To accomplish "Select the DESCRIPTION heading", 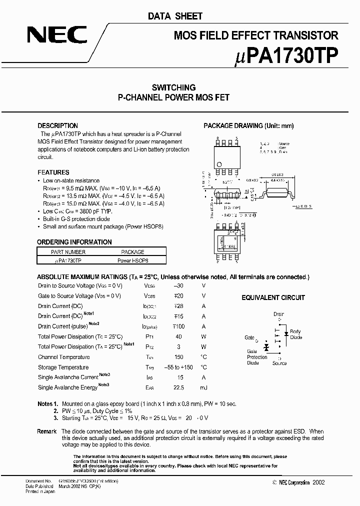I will click(58, 125).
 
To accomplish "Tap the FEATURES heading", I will click(53, 172).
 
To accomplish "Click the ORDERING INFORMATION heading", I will click(74, 242).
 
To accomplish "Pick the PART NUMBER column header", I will click(68, 252).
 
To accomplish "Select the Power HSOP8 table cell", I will click(133, 260).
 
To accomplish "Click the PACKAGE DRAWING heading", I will click(248, 125).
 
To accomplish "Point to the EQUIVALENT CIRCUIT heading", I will click(273, 297).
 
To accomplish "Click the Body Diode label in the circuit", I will click(295, 334).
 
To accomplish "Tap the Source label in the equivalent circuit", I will click(279, 363).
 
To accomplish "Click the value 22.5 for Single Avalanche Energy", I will click(179, 387).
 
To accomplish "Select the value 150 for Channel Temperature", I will click(179, 357).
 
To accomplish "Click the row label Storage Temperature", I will click(63, 367).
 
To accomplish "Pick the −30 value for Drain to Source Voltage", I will click(178, 285).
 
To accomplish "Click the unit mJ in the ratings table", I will click(203, 387).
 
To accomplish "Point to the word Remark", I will click(47, 431).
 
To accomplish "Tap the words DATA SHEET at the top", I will click(175, 16).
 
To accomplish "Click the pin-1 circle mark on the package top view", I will click(219, 164).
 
